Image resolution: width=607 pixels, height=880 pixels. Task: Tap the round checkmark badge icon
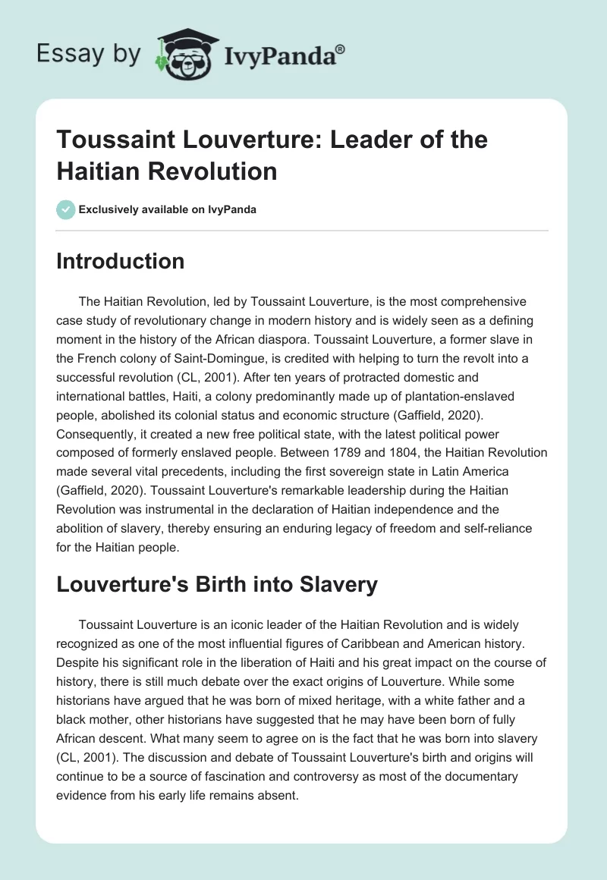tap(66, 209)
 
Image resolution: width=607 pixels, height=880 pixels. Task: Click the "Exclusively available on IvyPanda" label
tap(167, 209)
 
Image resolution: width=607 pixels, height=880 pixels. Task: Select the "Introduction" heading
tap(120, 261)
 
